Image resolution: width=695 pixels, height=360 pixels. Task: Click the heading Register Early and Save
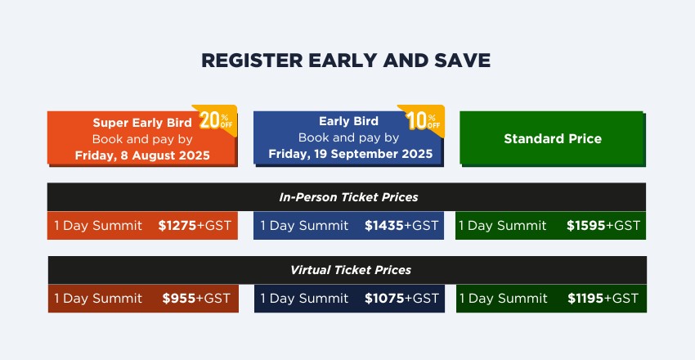(x=346, y=61)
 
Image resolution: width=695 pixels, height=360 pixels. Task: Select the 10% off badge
(x=423, y=119)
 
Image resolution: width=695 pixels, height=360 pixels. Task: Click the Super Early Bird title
(x=142, y=123)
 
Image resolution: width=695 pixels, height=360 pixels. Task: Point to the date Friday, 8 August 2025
(x=142, y=155)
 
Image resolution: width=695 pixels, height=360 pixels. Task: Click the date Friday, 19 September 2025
(x=350, y=154)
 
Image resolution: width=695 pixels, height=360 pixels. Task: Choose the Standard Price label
(x=553, y=139)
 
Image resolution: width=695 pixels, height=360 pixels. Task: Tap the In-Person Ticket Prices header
(x=348, y=197)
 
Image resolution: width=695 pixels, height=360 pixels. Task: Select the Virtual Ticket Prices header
(x=351, y=270)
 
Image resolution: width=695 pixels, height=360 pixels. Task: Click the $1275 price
(x=177, y=226)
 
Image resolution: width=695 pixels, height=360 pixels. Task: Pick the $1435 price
(x=384, y=226)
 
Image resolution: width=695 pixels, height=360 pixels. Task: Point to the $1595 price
(x=586, y=226)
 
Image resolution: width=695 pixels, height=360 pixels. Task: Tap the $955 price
(x=178, y=299)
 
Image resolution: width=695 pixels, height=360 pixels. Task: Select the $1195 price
(x=585, y=299)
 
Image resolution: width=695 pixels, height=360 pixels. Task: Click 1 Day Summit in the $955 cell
(x=98, y=299)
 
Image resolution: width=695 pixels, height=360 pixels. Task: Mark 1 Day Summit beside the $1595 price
(x=503, y=226)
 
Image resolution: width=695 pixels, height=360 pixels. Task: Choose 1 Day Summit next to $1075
(x=304, y=299)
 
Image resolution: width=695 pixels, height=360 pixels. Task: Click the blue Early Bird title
(x=349, y=121)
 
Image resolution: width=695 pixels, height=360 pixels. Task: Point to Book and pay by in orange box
(x=142, y=140)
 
